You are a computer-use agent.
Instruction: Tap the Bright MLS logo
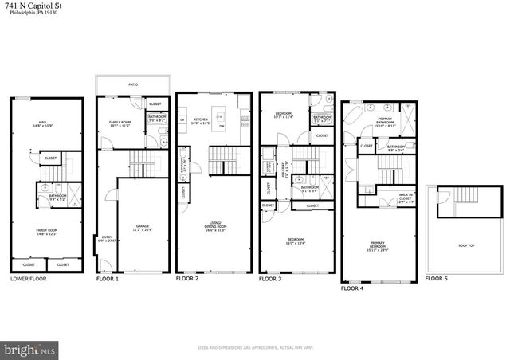[x=30, y=349]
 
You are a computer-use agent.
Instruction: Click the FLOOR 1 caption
[x=108, y=280]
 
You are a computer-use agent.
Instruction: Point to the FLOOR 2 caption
[x=188, y=280]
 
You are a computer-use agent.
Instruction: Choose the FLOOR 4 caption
[x=352, y=289]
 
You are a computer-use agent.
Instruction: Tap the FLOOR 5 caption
[x=436, y=280]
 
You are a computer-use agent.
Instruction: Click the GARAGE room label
[x=143, y=228]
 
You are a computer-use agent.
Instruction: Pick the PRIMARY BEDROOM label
[x=378, y=248]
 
